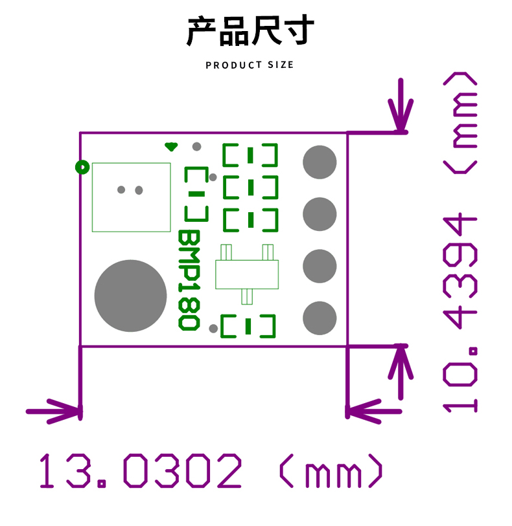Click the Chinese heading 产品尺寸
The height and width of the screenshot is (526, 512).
[250, 31]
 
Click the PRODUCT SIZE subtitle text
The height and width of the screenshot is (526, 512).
[250, 65]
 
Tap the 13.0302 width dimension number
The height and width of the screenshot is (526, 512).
[141, 471]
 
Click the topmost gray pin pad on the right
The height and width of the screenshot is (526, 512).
[320, 162]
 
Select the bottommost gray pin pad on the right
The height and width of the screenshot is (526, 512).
[320, 318]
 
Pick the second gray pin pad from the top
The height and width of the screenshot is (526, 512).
[320, 214]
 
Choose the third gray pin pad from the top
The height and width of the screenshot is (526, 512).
[320, 266]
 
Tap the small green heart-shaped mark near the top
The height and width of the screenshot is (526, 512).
[171, 147]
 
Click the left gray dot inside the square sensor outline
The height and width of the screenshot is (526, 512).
[121, 190]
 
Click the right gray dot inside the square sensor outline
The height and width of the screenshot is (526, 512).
[139, 190]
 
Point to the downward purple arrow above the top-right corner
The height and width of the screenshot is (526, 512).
[401, 107]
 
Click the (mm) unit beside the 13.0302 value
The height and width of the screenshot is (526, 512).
[331, 471]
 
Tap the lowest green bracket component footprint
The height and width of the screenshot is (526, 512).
[249, 326]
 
